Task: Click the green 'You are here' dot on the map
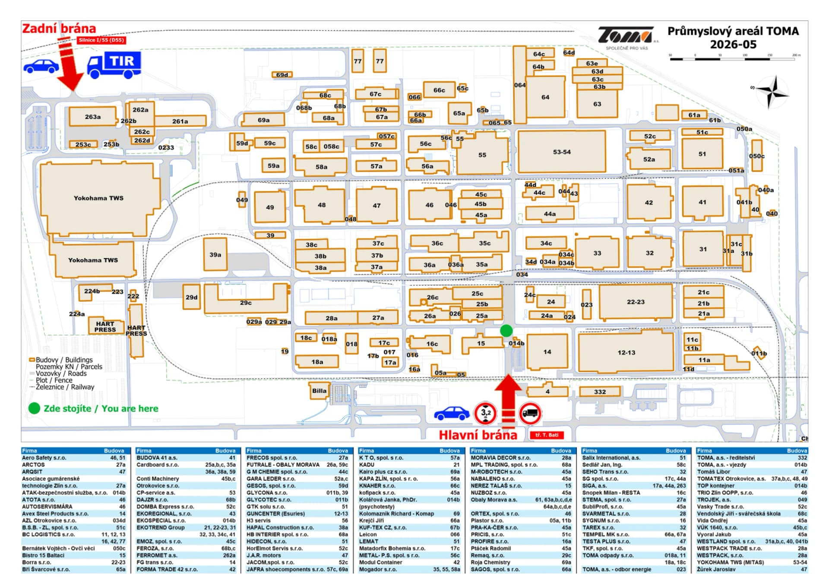[x=506, y=331]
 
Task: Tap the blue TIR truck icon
[x=114, y=65]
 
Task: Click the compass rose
[x=772, y=92]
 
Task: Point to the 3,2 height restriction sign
[x=486, y=413]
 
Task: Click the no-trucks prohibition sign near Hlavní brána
[x=530, y=413]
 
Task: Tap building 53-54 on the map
[x=562, y=152]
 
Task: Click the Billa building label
[x=319, y=391]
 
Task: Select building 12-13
[x=626, y=352]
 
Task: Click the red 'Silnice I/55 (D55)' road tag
[x=101, y=40]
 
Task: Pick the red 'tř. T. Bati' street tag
[x=547, y=435]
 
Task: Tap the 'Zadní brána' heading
[x=59, y=29]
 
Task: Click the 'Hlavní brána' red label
[x=478, y=435]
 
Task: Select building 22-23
[x=636, y=302]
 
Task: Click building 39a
[x=215, y=255]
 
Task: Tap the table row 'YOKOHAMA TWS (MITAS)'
[x=752, y=562]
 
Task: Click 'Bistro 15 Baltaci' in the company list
[x=73, y=555]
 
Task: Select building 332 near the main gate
[x=600, y=392]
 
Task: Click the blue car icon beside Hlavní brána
[x=452, y=413]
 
